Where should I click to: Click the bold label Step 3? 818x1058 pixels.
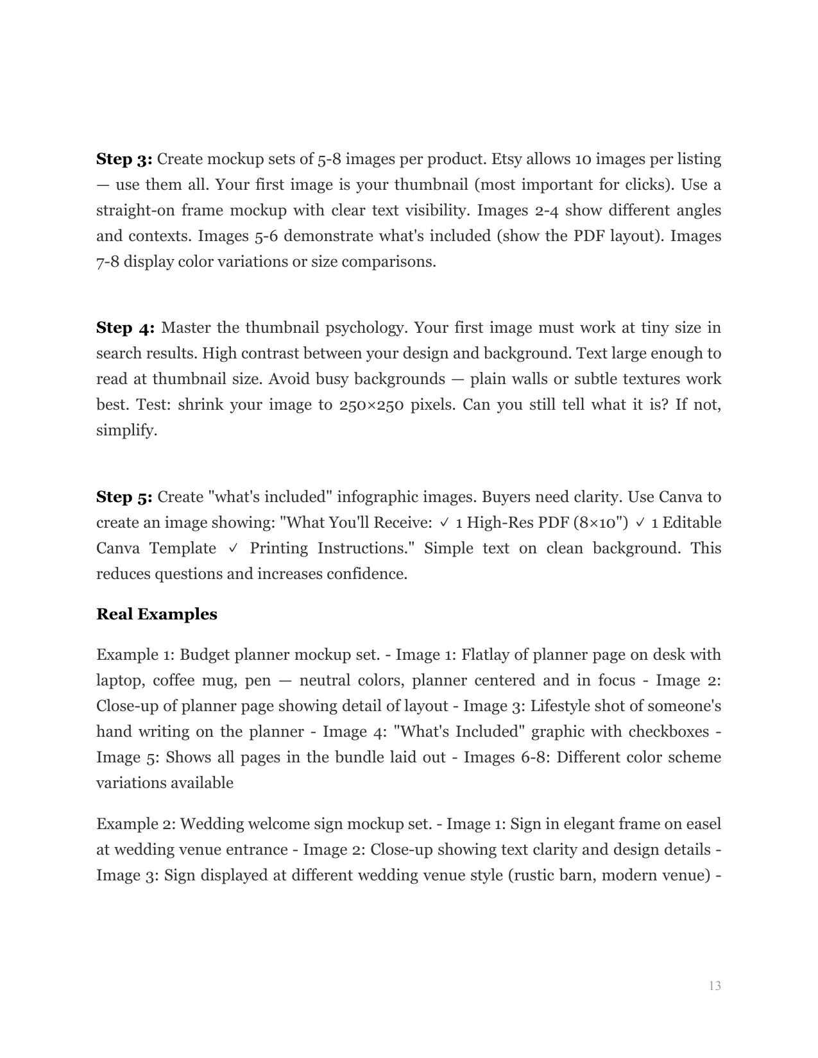[124, 159]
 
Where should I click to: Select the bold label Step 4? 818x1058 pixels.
[126, 328]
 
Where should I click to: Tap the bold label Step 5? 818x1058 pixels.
[124, 498]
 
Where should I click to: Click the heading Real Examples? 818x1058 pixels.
[157, 614]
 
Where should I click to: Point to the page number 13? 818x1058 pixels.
[715, 986]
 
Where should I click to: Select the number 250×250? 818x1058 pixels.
[373, 405]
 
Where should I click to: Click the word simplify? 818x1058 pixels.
[126, 431]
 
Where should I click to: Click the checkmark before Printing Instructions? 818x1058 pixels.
[233, 549]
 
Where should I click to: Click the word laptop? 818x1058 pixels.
[119, 681]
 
